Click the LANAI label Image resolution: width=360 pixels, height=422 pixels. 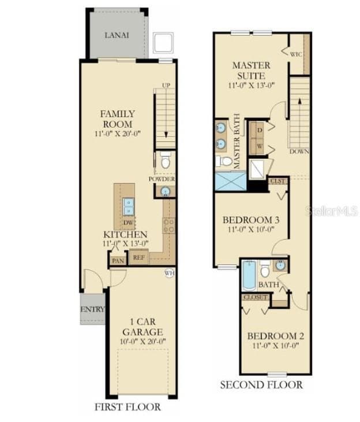pos(117,35)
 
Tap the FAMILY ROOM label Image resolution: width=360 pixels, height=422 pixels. pos(117,119)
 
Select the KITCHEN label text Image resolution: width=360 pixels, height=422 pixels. pos(125,235)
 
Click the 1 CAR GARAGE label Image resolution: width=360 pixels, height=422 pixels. pos(142,327)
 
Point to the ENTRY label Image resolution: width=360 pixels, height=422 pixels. pos(92,309)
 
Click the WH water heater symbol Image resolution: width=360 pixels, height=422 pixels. pos(169,272)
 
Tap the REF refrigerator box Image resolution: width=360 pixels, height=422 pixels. pos(138,258)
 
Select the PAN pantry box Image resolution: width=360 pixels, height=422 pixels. pos(118,261)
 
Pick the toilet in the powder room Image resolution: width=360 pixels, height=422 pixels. pos(166,162)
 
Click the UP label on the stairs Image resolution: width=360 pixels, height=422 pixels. pos(166,85)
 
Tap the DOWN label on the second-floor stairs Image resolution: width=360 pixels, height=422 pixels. pos(299,152)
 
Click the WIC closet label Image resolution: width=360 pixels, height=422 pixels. pos(295,54)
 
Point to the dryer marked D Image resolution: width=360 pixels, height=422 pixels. pos(259,130)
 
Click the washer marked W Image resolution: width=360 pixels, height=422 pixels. pos(259,146)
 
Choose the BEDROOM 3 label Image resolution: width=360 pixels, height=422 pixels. pos(251,220)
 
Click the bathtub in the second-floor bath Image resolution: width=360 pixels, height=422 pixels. pos(249,277)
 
